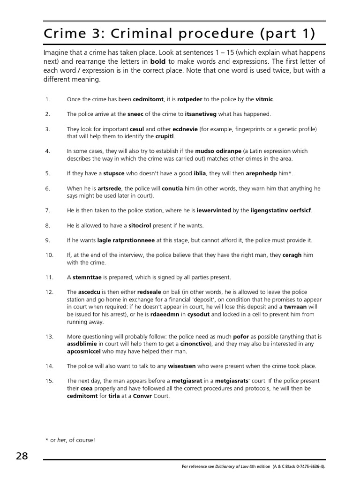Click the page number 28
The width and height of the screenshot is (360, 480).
(x=22, y=456)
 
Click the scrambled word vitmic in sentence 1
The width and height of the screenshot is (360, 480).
(x=264, y=99)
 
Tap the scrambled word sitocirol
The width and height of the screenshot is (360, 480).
(x=143, y=225)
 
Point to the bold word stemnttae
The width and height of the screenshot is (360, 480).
(x=87, y=277)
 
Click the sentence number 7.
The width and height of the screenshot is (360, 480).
(x=47, y=210)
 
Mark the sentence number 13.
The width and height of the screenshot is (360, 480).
(x=49, y=337)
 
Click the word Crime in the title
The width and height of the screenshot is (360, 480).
(x=64, y=34)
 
